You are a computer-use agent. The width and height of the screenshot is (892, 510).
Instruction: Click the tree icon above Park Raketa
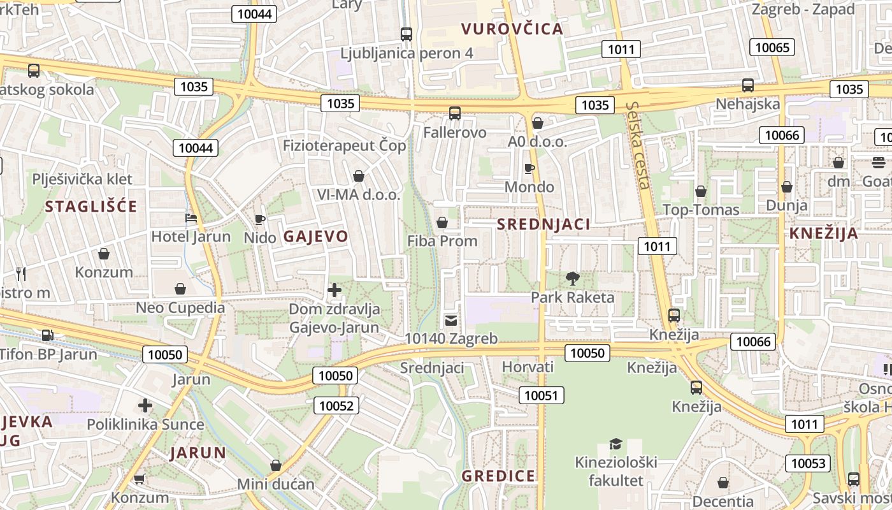tap(572, 278)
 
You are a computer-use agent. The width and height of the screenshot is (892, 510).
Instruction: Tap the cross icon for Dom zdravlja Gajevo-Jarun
tap(334, 291)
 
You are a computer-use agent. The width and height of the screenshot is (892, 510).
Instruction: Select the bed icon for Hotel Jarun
tap(191, 218)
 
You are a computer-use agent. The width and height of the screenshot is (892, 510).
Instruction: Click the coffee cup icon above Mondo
tap(529, 168)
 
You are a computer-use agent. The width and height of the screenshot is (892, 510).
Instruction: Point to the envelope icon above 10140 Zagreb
tap(451, 320)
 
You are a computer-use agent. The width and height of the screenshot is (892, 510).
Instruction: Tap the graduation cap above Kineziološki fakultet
tap(615, 444)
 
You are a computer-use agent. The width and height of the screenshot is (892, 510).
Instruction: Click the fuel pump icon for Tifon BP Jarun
tap(47, 335)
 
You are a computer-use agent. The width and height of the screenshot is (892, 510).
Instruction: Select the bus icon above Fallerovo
tap(454, 113)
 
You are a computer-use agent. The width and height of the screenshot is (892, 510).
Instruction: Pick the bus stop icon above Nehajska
tap(748, 85)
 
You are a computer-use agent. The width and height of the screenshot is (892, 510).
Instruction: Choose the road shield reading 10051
tap(541, 395)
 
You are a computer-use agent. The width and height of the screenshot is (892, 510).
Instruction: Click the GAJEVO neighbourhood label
tap(315, 237)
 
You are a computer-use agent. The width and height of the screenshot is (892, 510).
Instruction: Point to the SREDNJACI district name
tap(543, 224)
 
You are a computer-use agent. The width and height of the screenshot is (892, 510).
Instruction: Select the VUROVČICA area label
tap(512, 29)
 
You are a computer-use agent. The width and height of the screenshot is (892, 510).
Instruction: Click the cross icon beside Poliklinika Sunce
tap(145, 405)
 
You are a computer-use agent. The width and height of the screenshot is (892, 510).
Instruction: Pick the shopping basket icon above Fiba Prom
tap(442, 222)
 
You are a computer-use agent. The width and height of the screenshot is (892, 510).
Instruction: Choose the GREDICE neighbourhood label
tap(498, 476)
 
